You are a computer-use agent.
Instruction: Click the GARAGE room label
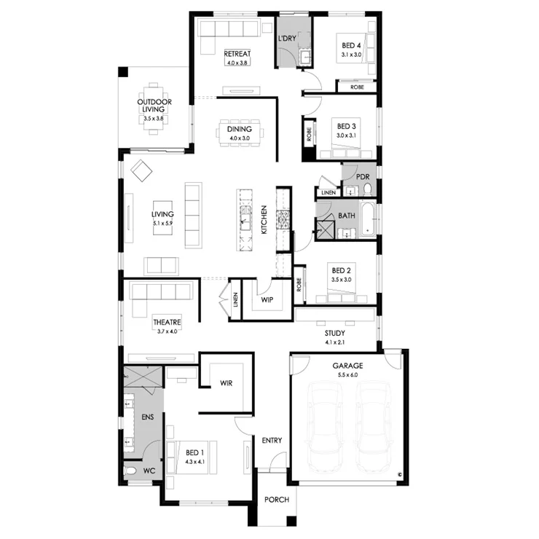[347, 366]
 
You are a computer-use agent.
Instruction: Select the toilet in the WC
[130, 471]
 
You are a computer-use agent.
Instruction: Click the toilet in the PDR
[368, 189]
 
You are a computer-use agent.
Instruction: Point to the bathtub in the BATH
[368, 219]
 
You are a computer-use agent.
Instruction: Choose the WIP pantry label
[267, 300]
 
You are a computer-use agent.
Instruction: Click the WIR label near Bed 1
[227, 383]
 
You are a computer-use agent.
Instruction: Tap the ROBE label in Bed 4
[357, 87]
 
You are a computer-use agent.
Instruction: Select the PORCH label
[277, 500]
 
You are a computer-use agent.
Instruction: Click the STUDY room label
[335, 333]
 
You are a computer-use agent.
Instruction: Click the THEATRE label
[167, 322]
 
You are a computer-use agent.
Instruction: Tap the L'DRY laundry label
[287, 38]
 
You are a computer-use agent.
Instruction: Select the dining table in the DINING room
[240, 133]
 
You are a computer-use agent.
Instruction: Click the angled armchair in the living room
[141, 170]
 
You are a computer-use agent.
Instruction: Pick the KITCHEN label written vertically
[264, 220]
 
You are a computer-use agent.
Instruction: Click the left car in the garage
[325, 427]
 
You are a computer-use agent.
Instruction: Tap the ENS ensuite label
[147, 417]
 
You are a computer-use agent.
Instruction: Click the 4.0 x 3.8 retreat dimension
[237, 63]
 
